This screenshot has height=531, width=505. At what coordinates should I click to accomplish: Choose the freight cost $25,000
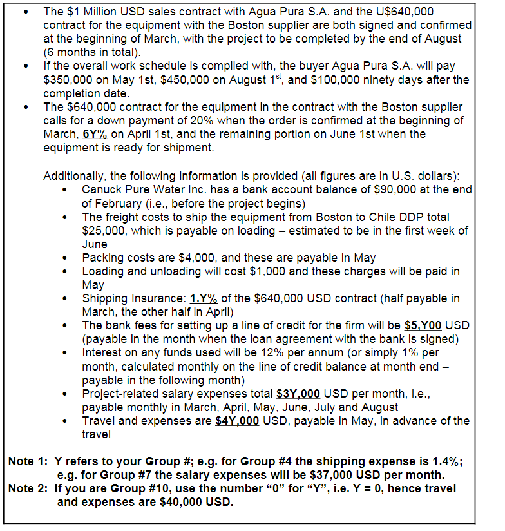click(105, 230)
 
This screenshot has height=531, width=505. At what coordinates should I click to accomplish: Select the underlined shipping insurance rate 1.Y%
click(204, 298)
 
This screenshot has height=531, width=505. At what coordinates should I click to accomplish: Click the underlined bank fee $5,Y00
click(423, 325)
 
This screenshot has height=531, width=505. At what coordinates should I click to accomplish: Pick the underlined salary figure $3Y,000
click(300, 393)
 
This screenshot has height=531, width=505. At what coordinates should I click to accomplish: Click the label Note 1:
click(28, 462)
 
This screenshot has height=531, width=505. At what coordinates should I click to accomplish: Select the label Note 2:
click(28, 488)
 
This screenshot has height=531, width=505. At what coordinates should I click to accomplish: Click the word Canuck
click(102, 189)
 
